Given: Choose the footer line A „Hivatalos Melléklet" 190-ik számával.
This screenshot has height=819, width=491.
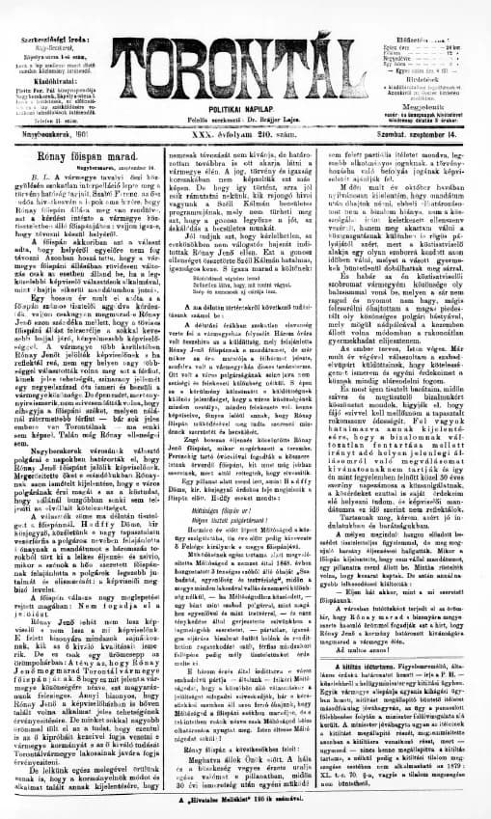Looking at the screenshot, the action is coord(246,810).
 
